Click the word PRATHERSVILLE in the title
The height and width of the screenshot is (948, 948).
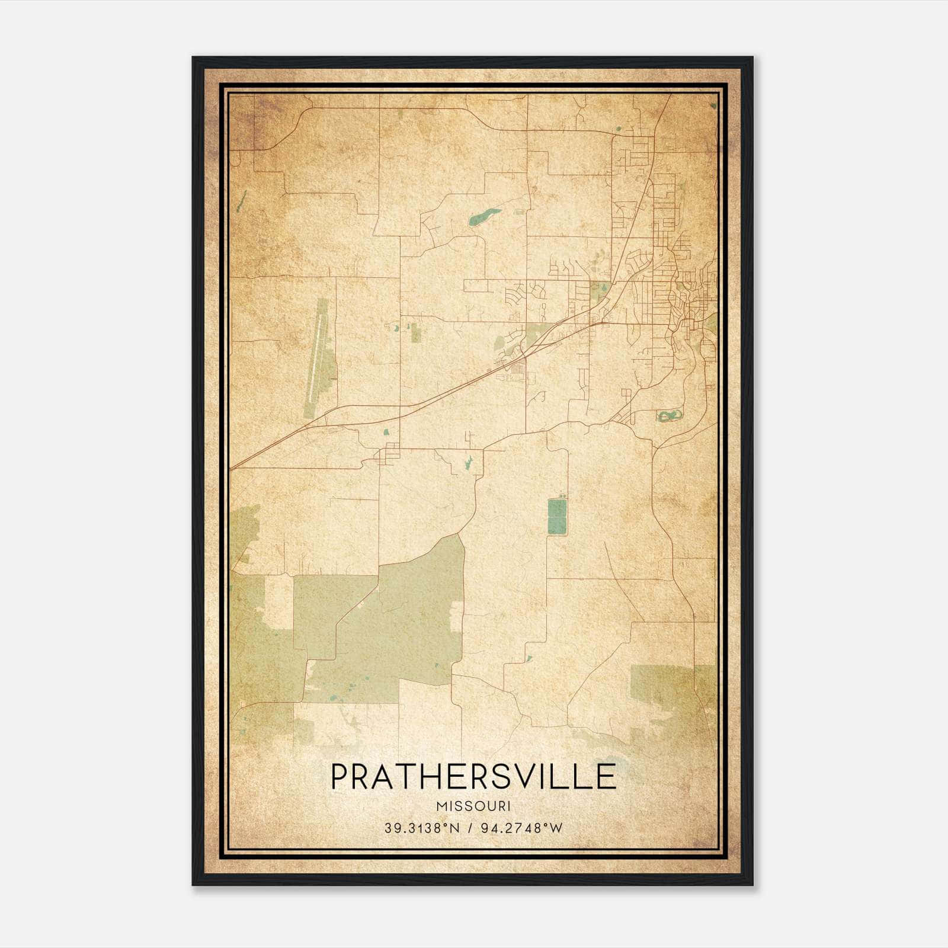[473, 777]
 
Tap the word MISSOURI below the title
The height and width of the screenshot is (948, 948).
[473, 806]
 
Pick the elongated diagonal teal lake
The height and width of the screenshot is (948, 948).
[485, 217]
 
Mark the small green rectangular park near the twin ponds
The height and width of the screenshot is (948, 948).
[416, 333]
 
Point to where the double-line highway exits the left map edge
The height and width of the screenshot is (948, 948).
[232, 468]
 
